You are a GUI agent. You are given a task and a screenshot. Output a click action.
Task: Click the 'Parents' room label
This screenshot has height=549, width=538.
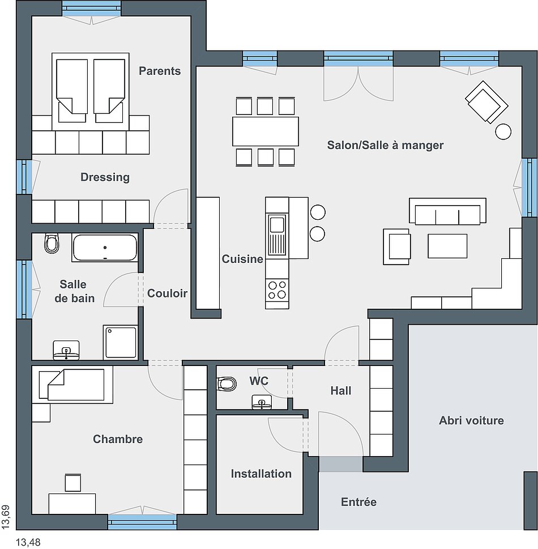160,71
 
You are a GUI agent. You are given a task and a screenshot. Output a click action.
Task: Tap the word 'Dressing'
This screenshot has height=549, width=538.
105,177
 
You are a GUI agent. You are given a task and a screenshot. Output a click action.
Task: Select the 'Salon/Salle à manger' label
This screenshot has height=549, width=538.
385,145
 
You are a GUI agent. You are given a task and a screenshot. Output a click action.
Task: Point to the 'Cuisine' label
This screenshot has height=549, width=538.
242,259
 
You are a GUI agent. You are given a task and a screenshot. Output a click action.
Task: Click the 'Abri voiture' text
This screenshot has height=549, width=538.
471,420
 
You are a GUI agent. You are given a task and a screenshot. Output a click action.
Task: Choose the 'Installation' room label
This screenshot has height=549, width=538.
261,474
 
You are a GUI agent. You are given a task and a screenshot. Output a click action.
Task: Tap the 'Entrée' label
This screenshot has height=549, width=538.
359,502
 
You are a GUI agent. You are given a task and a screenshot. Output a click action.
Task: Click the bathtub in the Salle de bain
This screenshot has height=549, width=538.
105,248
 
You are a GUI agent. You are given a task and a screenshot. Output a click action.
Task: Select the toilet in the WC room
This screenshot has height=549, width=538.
227,384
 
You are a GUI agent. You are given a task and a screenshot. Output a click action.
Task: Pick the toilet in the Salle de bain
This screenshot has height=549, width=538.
52,243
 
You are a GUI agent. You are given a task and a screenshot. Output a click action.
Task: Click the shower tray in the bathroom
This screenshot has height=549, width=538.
121,342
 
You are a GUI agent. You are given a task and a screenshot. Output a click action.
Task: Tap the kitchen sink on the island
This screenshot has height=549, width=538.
277,235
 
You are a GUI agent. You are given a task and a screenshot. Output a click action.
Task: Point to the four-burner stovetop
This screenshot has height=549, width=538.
277,290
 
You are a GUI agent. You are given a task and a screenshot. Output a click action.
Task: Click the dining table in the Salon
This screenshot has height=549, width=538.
266,131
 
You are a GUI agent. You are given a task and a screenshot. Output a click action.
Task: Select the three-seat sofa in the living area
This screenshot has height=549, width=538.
447,211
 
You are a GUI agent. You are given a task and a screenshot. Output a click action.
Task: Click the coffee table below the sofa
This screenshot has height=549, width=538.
447,246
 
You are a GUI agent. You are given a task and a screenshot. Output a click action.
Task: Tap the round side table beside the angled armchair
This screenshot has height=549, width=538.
503,132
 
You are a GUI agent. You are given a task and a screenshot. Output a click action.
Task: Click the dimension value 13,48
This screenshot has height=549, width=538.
28,542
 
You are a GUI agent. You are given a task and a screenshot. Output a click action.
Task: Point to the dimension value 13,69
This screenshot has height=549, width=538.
6,517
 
